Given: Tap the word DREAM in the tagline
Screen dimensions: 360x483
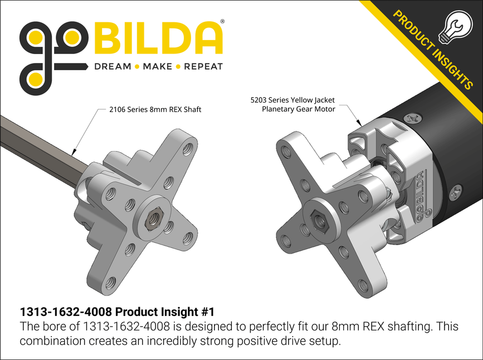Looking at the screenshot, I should point(112,67).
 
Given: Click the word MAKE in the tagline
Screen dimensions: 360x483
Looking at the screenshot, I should point(157,67).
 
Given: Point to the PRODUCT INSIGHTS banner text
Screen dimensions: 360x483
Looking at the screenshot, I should point(432,50).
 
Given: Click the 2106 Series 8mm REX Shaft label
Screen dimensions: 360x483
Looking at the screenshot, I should point(154,110).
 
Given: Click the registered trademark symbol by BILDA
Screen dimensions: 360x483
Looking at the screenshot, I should point(223,21).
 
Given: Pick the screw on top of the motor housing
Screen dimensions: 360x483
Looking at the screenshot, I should point(413,118).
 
